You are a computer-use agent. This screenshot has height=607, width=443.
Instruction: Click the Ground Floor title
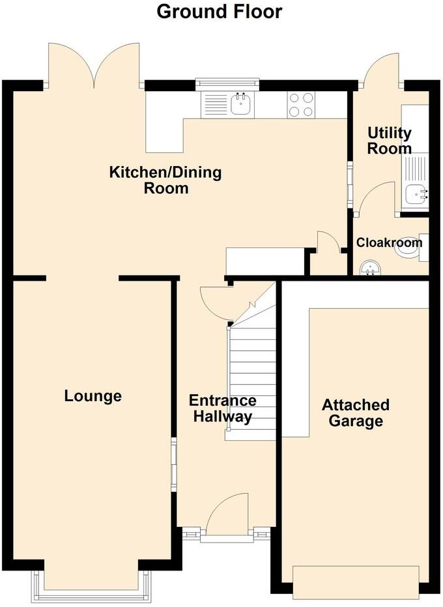click(220, 11)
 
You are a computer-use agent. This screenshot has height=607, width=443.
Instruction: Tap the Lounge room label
click(93, 396)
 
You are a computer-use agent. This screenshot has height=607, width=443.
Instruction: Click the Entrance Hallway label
click(222, 409)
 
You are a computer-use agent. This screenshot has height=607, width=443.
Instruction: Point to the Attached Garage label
click(356, 413)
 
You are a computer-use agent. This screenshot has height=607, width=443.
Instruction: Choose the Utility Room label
click(390, 141)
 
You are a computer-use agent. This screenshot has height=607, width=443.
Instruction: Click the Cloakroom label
click(389, 242)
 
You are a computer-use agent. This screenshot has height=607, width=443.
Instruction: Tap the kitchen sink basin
click(241, 104)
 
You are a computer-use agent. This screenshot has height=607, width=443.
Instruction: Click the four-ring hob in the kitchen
click(300, 104)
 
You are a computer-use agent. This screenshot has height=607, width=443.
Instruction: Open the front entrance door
click(228, 515)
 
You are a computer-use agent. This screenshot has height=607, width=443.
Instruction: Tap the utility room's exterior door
click(381, 70)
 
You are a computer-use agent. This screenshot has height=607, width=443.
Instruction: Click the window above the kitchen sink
click(228, 83)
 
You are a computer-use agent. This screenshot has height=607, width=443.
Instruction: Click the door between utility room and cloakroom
click(378, 199)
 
